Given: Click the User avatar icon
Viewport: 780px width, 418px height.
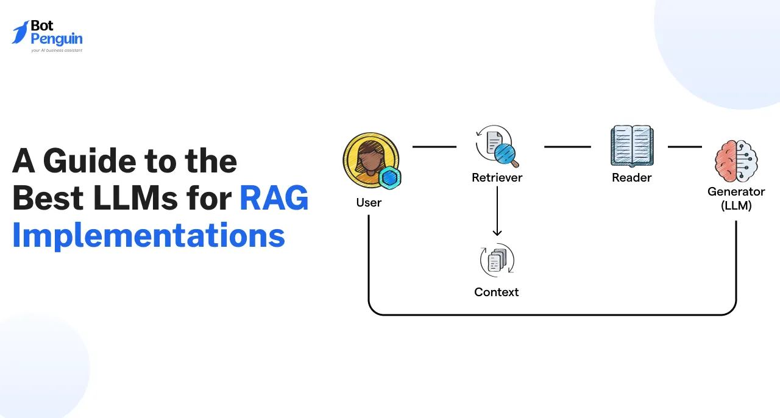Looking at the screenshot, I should click(x=370, y=161).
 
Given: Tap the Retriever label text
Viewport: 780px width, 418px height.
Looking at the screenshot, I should click(x=497, y=178).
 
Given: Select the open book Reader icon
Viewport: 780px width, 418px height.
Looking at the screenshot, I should click(x=632, y=146).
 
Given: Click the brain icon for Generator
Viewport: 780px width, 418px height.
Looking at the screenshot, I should click(x=736, y=160).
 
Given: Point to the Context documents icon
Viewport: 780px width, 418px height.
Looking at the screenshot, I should click(x=497, y=261).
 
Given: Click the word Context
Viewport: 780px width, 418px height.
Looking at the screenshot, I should click(x=497, y=292).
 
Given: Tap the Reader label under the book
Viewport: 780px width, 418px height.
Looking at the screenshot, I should click(x=632, y=178).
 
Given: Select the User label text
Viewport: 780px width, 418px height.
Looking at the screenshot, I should click(x=369, y=202).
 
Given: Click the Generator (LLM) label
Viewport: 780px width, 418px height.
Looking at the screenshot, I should click(x=736, y=199).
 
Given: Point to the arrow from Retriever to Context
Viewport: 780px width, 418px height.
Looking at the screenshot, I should click(x=497, y=211).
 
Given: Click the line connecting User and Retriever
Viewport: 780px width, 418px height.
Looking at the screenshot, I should click(x=434, y=147).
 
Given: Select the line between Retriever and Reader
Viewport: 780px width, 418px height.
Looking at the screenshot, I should click(x=567, y=147).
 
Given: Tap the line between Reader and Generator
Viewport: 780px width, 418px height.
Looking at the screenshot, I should click(x=685, y=147).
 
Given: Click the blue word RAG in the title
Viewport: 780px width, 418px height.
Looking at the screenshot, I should click(x=274, y=199).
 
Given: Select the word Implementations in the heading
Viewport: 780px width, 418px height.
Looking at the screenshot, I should click(x=149, y=235).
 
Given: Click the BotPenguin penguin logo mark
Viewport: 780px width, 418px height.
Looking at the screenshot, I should click(x=21, y=33).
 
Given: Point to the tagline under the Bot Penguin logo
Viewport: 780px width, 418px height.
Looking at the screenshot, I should click(x=56, y=51).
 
